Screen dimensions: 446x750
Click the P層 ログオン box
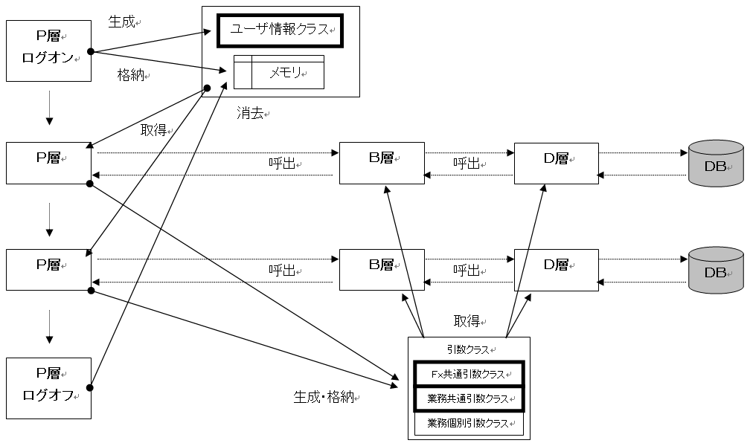click(48, 51)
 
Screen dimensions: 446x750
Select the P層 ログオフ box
click(48, 387)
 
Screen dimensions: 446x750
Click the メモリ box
click(279, 72)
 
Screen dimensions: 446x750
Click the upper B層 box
click(382, 163)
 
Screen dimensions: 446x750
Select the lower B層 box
click(382, 269)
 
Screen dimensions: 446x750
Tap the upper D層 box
click(556, 163)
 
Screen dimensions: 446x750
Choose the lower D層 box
click(556, 269)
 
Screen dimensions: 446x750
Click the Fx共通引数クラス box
click(469, 374)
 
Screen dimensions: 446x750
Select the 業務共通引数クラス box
click(469, 398)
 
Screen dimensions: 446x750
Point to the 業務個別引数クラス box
click(469, 424)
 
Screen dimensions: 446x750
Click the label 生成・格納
click(325, 398)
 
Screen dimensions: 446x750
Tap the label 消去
click(252, 114)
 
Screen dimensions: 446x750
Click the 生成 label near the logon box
click(122, 22)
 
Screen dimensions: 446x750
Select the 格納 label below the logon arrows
click(131, 75)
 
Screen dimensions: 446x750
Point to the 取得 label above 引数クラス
click(469, 320)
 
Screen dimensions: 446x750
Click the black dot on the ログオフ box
click(90, 387)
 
